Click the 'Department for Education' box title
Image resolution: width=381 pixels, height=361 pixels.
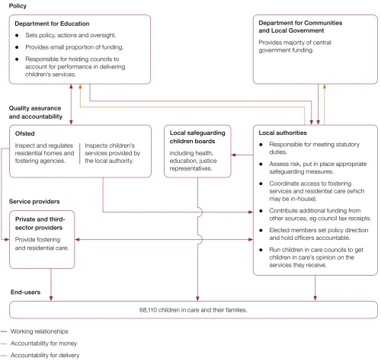coord(52,24)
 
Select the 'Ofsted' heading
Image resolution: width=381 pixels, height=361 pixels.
coord(24,133)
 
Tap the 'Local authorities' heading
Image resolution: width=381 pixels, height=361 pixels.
coord(283,133)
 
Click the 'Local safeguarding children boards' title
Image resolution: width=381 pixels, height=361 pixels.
coord(197,137)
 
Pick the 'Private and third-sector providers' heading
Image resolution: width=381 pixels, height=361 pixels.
coord(40,223)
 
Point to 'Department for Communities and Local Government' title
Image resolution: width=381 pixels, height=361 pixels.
coord(300,27)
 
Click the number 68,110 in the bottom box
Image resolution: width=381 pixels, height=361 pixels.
coord(148,310)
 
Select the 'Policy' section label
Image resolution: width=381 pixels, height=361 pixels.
coord(18,6)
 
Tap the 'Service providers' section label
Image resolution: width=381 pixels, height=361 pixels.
coord(34,202)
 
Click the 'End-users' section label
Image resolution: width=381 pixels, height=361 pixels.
coord(25,292)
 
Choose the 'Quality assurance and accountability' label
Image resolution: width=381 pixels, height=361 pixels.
coord(36,112)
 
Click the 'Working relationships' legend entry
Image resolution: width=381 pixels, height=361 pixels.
coord(40,331)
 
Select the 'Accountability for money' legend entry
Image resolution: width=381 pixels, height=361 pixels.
coord(43,343)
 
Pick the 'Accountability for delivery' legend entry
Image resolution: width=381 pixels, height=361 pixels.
coord(45,355)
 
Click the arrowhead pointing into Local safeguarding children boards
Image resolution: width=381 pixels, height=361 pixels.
coord(233,155)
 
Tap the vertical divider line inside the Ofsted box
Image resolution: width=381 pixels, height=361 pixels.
coord(79,153)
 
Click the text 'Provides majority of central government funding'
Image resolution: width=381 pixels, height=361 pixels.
coord(295,46)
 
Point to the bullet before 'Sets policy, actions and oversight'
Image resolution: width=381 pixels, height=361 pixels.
coord(17,35)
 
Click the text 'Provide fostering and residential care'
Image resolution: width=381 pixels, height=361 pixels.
coord(42,244)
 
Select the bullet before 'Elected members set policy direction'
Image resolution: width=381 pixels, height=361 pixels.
coord(261,230)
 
